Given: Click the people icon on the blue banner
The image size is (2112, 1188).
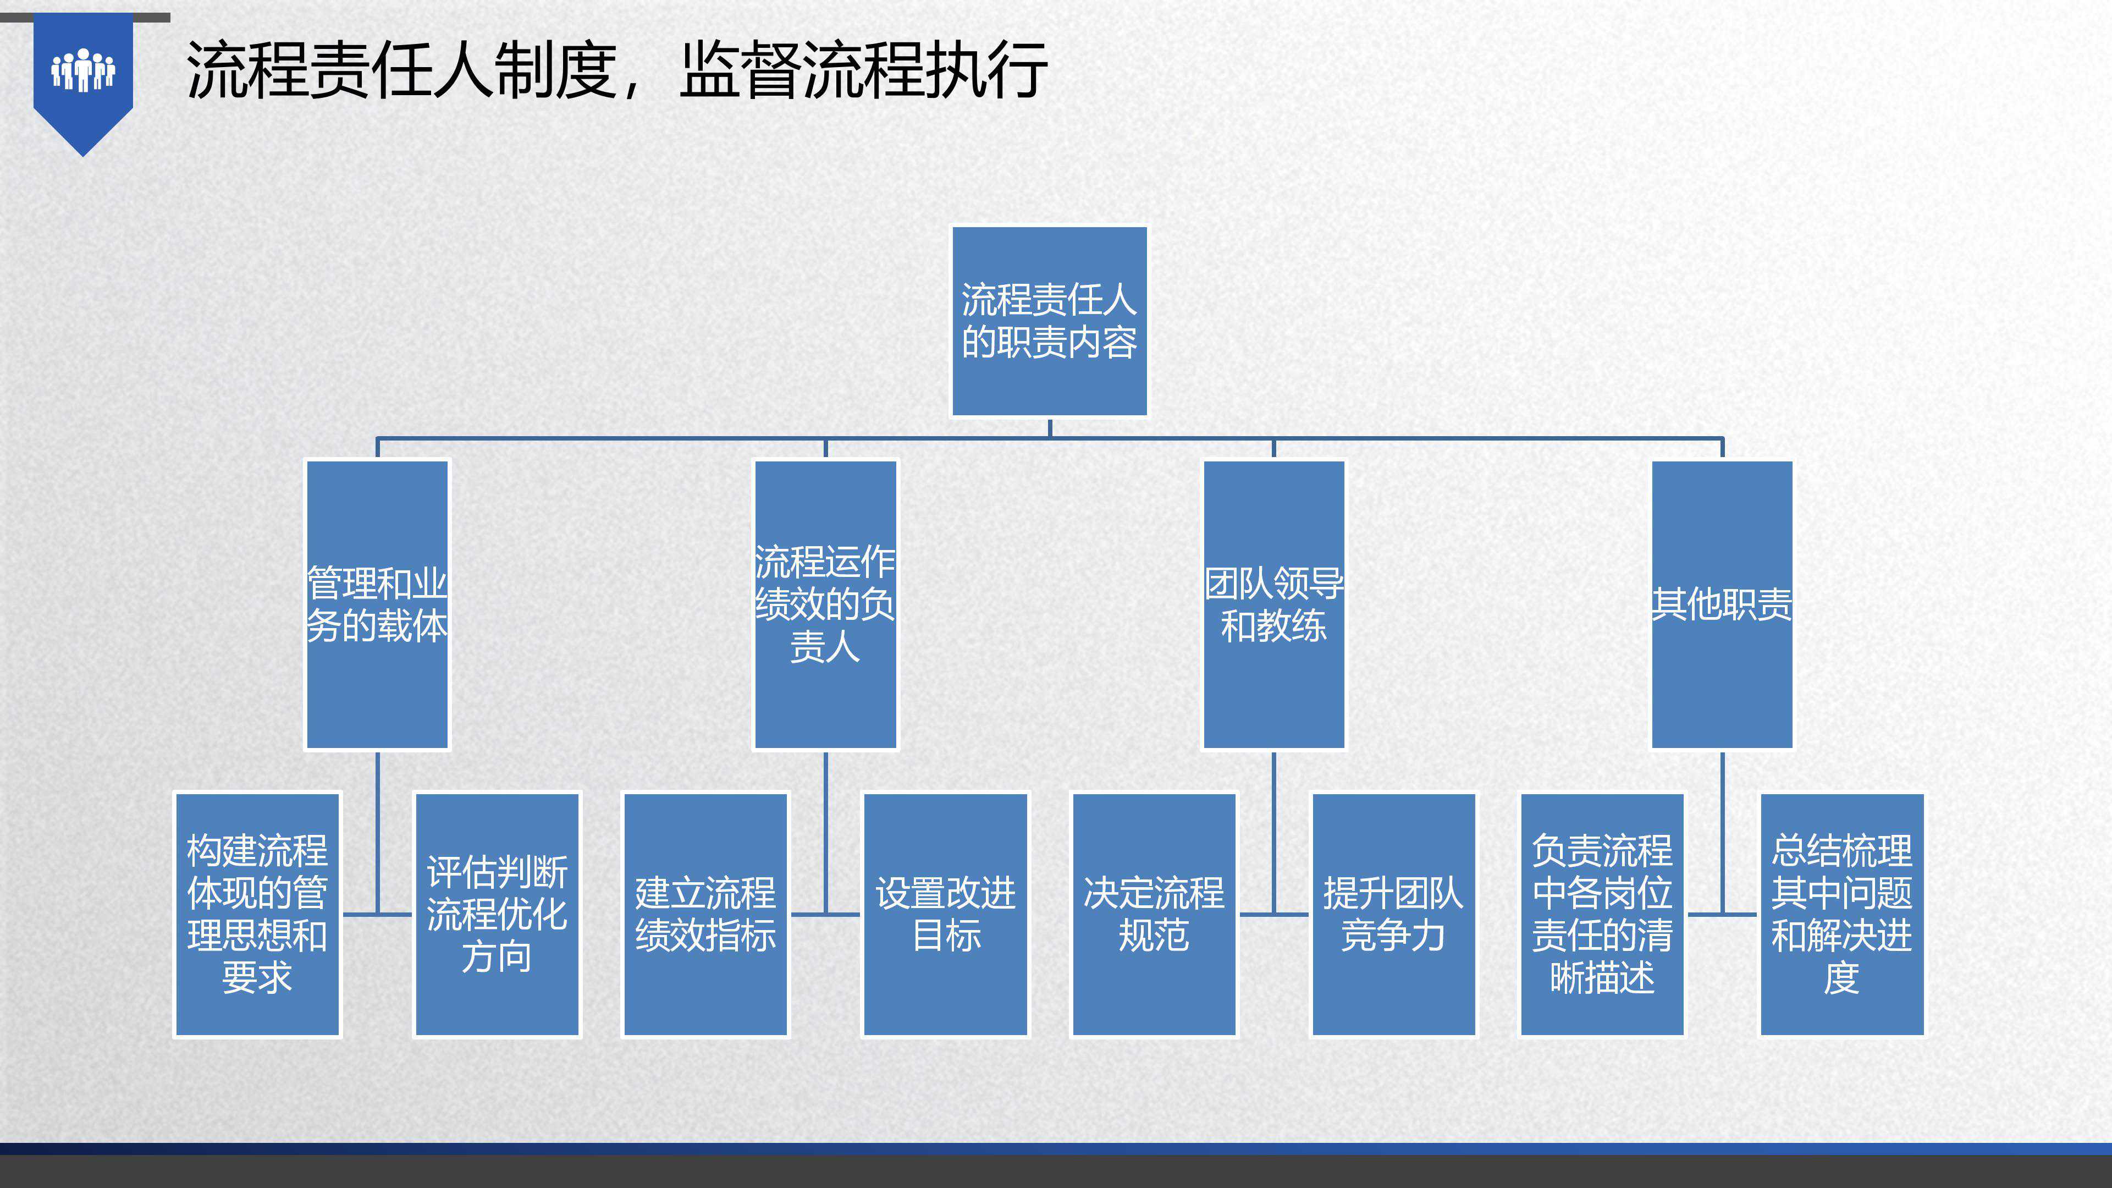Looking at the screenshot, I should (83, 70).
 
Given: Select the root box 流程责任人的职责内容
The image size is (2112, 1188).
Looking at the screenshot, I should (1049, 321).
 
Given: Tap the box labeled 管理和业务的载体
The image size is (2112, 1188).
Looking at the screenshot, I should (377, 604).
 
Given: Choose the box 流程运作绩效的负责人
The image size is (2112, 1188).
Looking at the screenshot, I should (825, 604).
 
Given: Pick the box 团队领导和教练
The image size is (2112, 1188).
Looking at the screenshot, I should (1273, 604).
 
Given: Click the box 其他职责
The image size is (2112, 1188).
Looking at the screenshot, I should (1722, 604).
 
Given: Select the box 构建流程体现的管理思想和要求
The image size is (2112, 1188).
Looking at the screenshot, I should (257, 914).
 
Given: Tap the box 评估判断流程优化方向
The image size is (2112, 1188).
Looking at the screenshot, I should (497, 914).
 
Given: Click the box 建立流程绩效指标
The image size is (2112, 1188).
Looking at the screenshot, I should (705, 914).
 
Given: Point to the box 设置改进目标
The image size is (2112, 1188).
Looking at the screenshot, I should (945, 914).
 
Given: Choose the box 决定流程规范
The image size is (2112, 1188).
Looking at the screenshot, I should (1154, 914).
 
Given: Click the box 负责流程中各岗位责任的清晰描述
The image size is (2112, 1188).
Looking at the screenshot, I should (1602, 914).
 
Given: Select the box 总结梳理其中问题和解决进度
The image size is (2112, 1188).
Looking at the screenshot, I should (1841, 914).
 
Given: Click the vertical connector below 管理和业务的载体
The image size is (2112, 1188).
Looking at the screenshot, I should (377, 828).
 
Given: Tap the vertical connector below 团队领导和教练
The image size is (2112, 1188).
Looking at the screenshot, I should (1273, 828).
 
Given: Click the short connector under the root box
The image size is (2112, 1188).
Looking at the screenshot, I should (1050, 427).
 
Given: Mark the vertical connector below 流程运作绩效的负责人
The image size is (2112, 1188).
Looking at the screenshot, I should (826, 828).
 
